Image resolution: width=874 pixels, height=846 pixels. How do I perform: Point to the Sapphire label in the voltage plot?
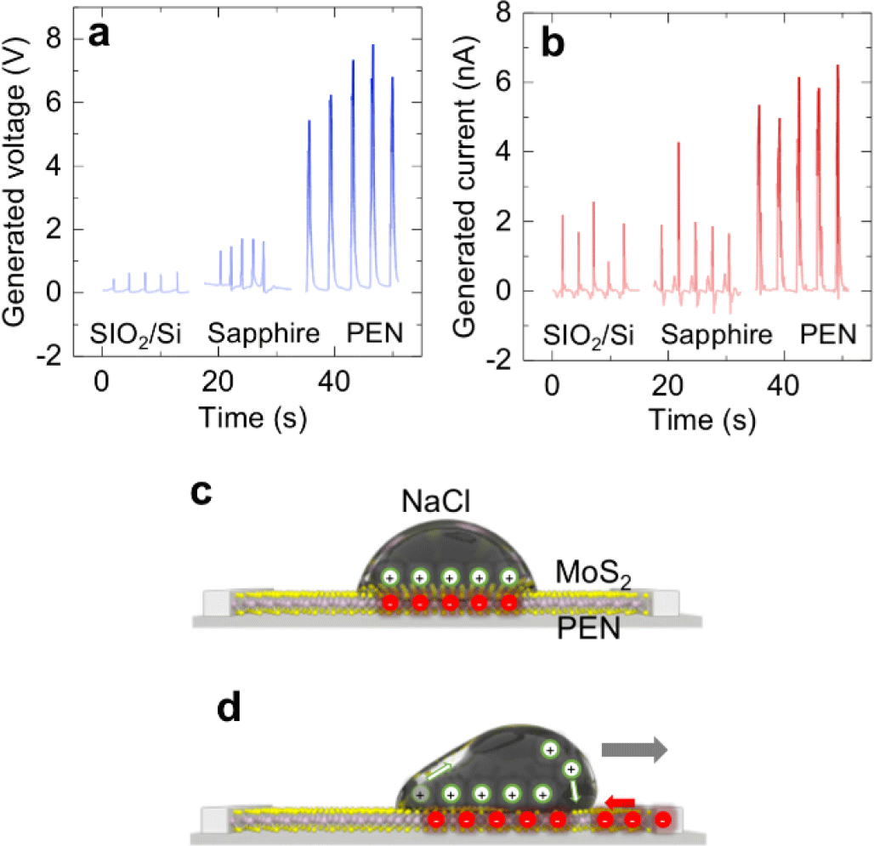pyautogui.click(x=262, y=334)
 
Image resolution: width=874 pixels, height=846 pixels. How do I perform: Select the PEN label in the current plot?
pyautogui.click(x=827, y=334)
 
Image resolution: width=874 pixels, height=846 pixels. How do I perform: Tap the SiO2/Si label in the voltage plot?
pyautogui.click(x=136, y=335)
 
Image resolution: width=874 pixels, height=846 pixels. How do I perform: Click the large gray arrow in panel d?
pyautogui.click(x=634, y=749)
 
